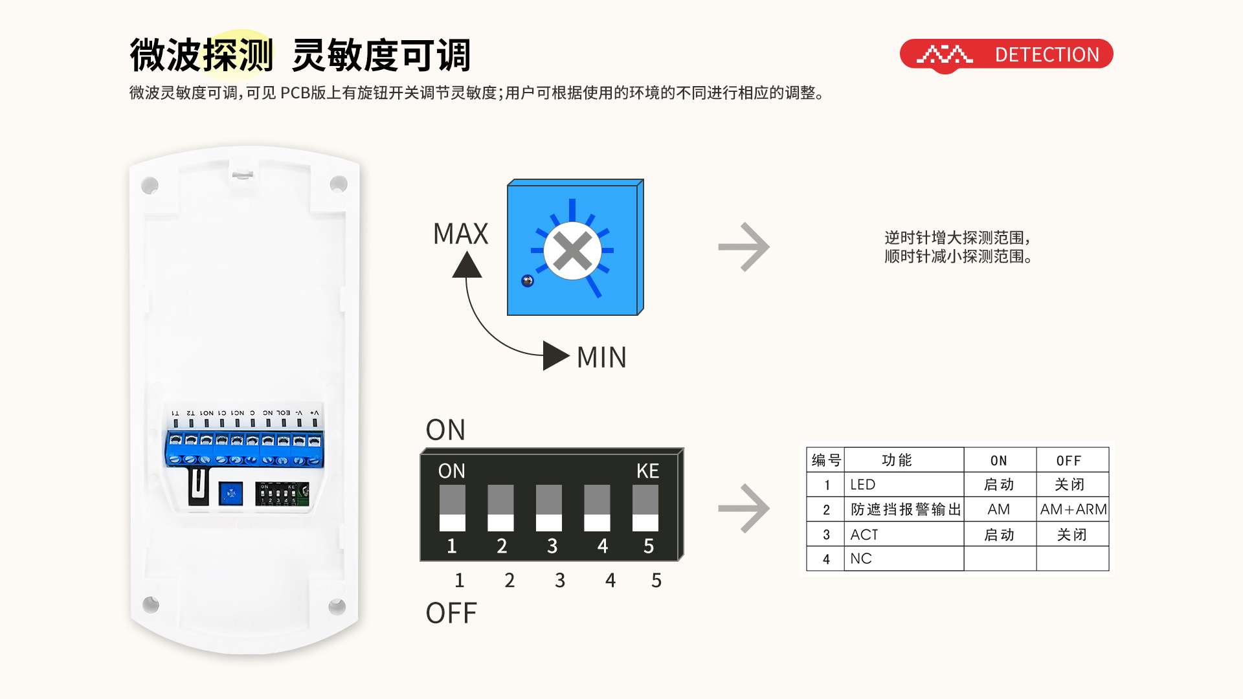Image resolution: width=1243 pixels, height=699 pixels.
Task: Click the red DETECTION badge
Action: point(1006,54)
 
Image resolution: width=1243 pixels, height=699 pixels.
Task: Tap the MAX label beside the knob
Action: point(460,234)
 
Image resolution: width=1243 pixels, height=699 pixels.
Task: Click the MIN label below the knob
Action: point(601,357)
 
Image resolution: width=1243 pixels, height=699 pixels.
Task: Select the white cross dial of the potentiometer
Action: point(572,250)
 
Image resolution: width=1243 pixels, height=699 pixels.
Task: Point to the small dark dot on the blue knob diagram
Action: point(528,281)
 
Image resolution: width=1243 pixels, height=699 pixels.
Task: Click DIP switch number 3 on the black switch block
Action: point(549,508)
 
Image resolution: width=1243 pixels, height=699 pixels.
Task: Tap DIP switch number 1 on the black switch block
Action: point(452,508)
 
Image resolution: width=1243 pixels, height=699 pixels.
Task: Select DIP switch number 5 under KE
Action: point(645,508)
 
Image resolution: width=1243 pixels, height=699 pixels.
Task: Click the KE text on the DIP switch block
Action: point(647,471)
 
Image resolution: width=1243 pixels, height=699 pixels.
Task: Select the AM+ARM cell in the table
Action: point(1073,509)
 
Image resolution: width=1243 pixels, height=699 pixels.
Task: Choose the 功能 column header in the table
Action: point(897,460)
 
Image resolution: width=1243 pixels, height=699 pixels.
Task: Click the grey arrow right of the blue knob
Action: point(744,247)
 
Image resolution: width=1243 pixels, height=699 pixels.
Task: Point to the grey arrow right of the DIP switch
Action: point(744,508)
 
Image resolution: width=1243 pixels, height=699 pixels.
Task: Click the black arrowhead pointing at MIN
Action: point(555,355)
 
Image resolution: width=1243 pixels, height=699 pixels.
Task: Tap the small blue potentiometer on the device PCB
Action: point(230,494)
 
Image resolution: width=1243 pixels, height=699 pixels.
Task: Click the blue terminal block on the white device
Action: point(245,449)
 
